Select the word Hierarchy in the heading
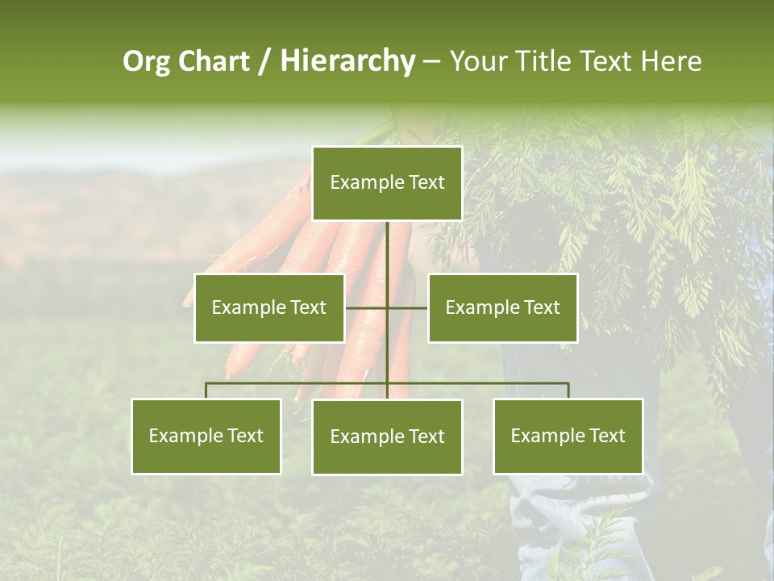click(347, 62)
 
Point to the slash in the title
click(265, 62)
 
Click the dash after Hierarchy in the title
click(431, 62)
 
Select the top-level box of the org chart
click(387, 183)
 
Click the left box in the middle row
click(269, 307)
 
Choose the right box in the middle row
click(502, 307)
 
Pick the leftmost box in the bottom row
click(206, 436)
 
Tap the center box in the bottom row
click(387, 437)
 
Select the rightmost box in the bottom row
click(568, 436)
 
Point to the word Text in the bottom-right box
click(606, 436)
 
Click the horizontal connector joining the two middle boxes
click(367, 307)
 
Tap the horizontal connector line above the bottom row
click(298, 383)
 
